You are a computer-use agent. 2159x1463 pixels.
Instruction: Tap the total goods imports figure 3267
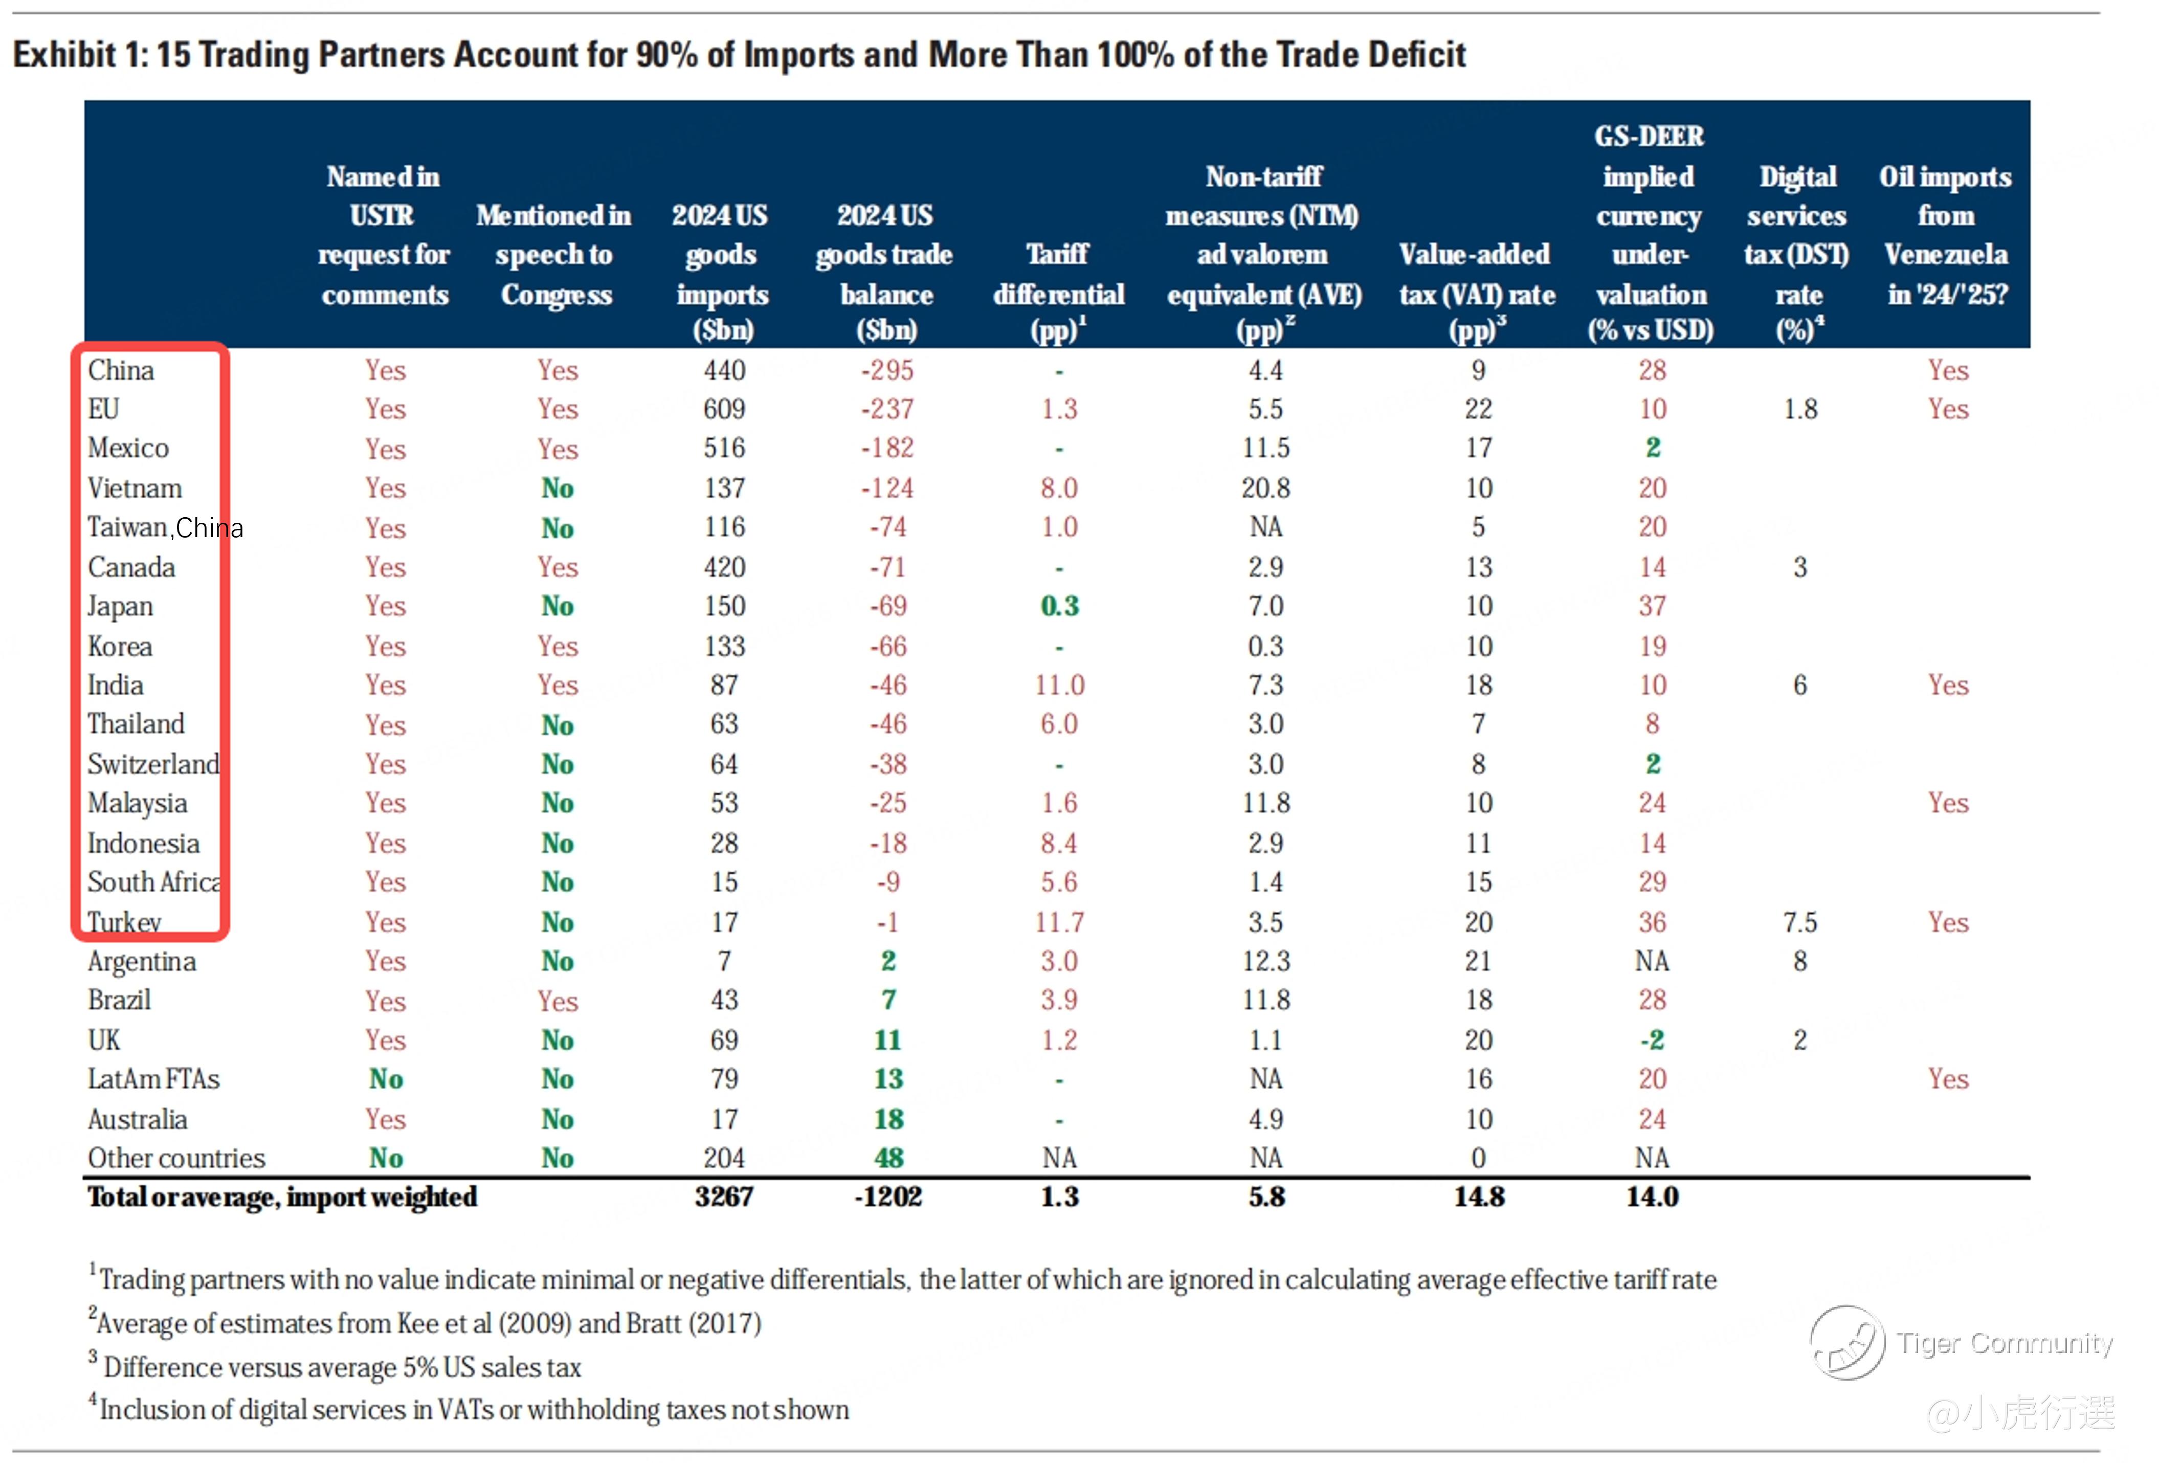(x=724, y=1196)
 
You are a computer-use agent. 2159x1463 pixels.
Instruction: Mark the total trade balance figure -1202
(x=887, y=1196)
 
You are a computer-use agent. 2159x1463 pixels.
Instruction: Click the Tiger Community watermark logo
(x=1847, y=1343)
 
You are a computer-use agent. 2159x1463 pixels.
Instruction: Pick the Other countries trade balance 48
(x=888, y=1158)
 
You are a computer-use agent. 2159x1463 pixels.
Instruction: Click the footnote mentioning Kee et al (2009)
(x=427, y=1323)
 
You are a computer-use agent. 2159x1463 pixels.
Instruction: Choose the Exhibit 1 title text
(x=739, y=55)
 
